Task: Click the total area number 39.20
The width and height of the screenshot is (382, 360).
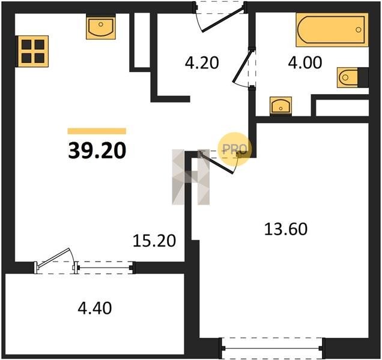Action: (97, 151)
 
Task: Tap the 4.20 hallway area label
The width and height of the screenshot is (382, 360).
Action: (202, 62)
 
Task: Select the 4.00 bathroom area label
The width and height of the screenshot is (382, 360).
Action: (305, 62)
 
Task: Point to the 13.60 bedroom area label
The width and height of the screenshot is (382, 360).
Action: (286, 229)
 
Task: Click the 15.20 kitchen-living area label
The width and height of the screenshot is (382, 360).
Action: (154, 241)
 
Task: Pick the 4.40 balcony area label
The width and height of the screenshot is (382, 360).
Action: (95, 308)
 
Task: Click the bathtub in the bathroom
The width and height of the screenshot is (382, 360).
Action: (332, 29)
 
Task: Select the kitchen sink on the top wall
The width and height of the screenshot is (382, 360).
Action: (101, 26)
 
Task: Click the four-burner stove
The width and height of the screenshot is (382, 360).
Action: (32, 52)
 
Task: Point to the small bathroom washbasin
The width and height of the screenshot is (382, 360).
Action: (280, 106)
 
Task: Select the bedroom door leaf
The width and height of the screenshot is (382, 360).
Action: (216, 164)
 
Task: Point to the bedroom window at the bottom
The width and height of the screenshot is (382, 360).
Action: (273, 349)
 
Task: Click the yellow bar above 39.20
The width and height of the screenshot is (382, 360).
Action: (97, 131)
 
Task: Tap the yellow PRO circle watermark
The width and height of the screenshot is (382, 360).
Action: (234, 149)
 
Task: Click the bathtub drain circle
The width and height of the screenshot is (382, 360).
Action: (358, 29)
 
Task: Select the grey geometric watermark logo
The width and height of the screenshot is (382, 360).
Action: (191, 177)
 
